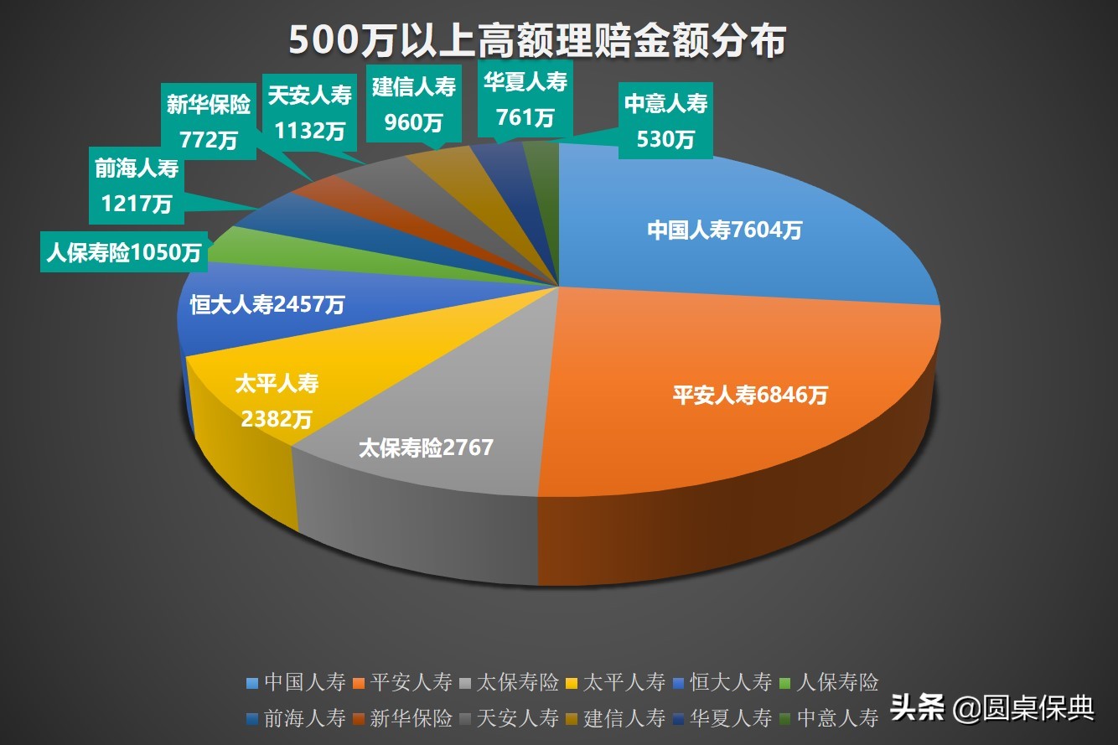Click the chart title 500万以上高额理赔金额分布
point(537,39)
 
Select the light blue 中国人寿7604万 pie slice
point(724,230)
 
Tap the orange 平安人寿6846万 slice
point(749,395)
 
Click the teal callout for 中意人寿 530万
point(665,119)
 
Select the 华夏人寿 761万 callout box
point(525,98)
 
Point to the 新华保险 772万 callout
point(208,120)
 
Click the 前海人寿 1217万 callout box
point(137,185)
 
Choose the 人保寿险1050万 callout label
point(124,252)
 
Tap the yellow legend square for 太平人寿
point(572,682)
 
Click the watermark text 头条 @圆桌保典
point(992,709)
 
